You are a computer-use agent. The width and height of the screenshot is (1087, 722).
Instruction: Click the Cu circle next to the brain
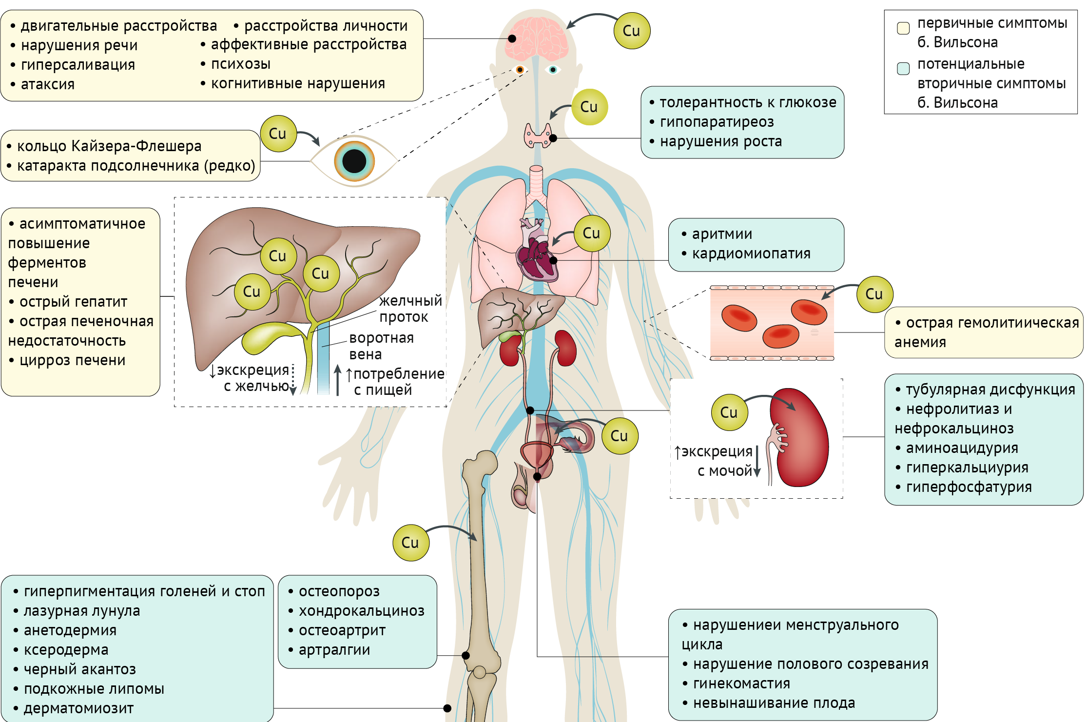tap(632, 31)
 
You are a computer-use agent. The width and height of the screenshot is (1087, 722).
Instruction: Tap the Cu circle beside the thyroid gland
tap(589, 107)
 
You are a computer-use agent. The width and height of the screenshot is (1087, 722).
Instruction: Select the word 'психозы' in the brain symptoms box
tap(241, 64)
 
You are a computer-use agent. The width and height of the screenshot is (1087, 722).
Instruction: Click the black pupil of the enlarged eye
tap(354, 161)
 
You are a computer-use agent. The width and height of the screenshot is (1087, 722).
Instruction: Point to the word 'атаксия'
tap(48, 84)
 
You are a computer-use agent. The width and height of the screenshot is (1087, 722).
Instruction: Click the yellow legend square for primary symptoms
tap(903, 28)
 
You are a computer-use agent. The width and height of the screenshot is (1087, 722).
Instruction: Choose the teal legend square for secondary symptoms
tap(903, 68)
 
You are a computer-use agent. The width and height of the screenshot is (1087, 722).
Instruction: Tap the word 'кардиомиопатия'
tap(751, 254)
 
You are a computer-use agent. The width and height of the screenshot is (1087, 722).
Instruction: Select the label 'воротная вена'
tap(381, 346)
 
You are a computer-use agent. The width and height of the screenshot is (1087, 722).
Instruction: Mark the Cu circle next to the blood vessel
tap(874, 294)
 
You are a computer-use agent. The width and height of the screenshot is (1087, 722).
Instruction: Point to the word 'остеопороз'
tap(339, 591)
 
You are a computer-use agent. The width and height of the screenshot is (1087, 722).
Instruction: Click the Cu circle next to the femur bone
tap(410, 543)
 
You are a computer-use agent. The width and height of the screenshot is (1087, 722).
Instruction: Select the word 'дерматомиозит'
tap(78, 708)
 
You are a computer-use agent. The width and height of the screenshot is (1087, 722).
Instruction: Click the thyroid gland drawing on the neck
tap(537, 136)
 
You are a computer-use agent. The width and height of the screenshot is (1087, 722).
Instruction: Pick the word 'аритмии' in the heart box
tap(722, 234)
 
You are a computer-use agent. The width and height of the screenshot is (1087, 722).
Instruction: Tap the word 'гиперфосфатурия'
tap(969, 487)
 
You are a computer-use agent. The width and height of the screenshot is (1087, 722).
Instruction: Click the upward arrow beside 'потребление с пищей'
tap(337, 380)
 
